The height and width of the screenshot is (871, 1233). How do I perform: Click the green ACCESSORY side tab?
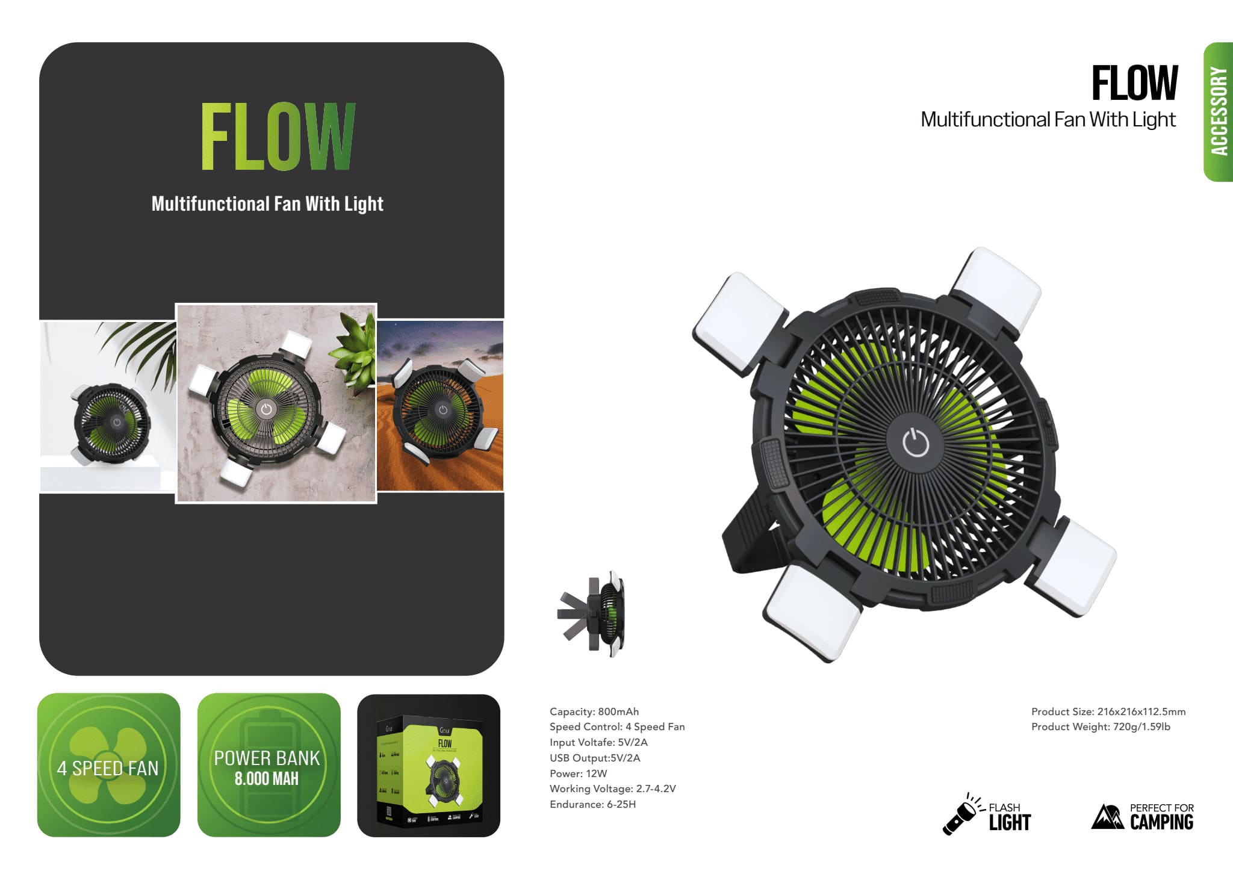[x=1218, y=111]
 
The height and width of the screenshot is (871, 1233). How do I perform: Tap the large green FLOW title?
[x=278, y=137]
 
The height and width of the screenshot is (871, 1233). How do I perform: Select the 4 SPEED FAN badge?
[x=108, y=765]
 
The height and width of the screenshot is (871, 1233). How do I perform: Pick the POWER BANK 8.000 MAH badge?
[x=269, y=765]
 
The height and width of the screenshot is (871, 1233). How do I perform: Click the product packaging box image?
[x=429, y=766]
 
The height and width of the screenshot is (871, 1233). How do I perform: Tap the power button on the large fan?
[x=916, y=443]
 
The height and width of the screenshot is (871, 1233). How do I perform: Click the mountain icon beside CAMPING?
[x=1107, y=817]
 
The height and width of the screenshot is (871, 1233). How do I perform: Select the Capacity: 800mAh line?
[x=594, y=711]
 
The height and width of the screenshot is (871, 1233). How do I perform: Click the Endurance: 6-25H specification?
[x=592, y=804]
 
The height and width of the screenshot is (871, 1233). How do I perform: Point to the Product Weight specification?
[x=1101, y=727]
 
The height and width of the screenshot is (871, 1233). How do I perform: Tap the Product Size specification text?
[x=1108, y=711]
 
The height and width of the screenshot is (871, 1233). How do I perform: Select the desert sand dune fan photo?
[x=440, y=406]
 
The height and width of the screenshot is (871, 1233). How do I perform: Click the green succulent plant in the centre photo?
[x=354, y=355]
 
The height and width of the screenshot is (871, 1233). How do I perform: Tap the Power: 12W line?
[x=578, y=773]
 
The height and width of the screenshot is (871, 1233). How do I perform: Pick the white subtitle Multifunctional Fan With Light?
[x=267, y=204]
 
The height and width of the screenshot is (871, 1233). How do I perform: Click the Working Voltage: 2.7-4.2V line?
[x=613, y=789]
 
